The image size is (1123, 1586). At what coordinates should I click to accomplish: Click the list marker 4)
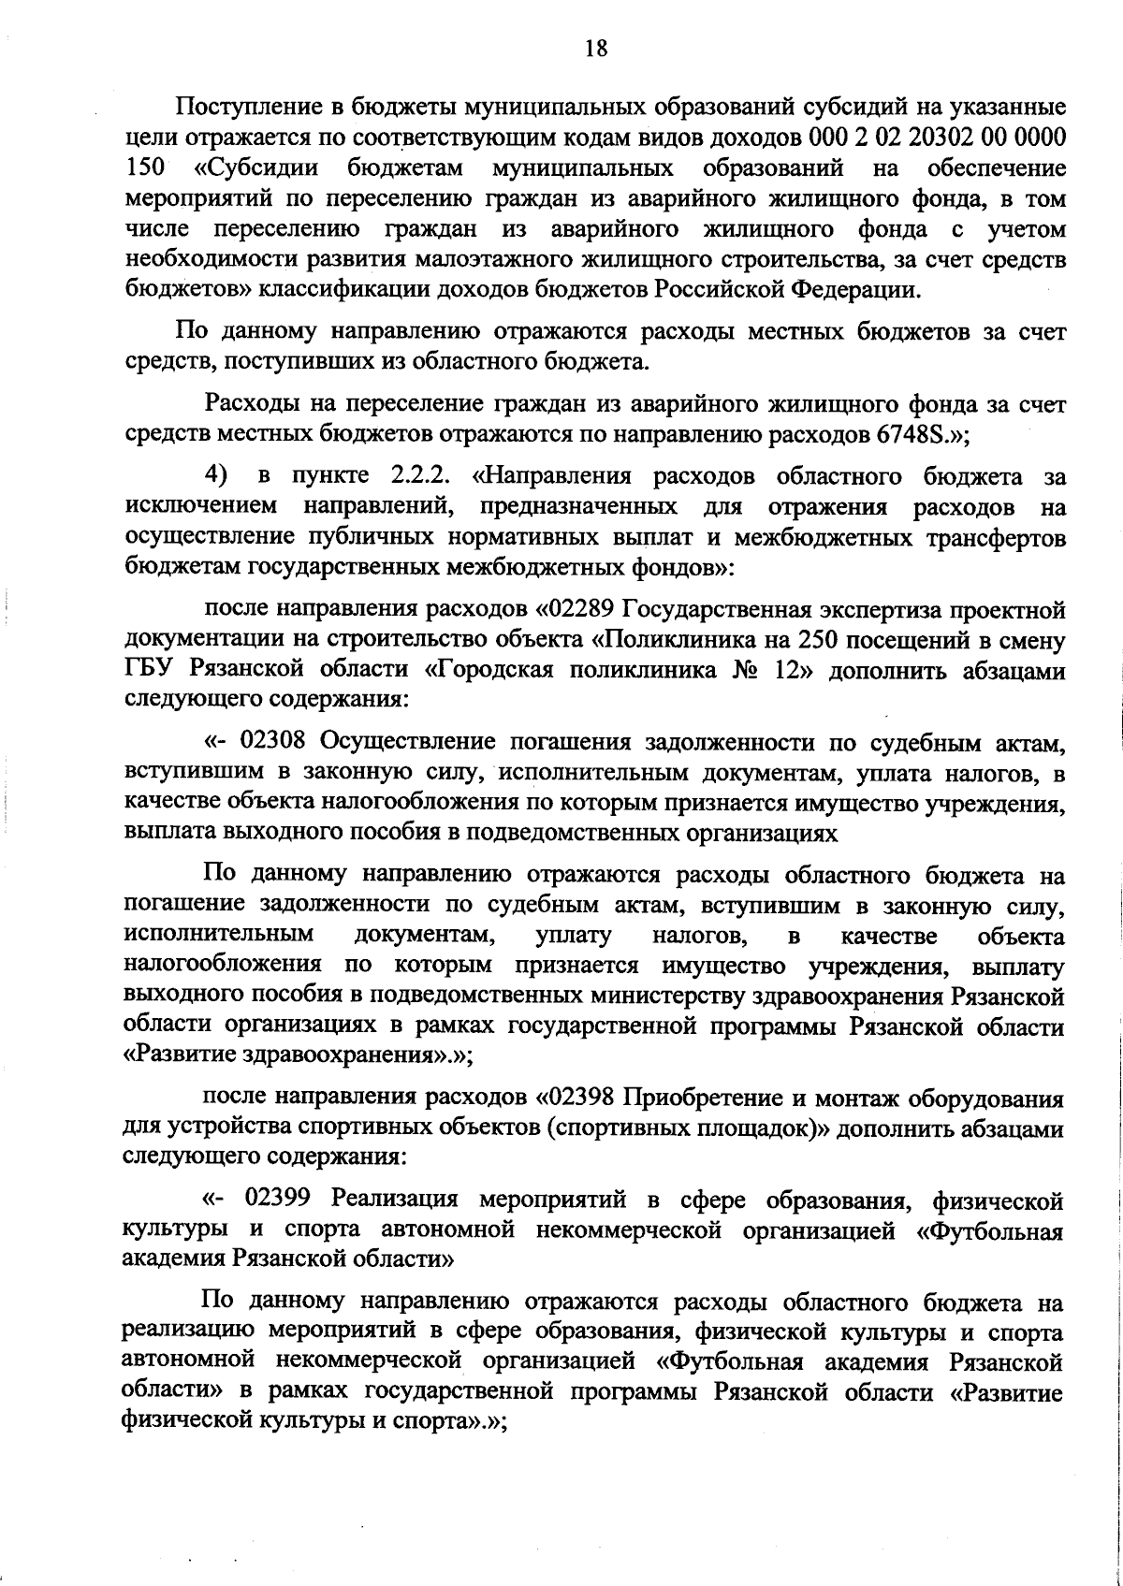pos(217,476)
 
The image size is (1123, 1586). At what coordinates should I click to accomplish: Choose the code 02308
pos(272,743)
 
